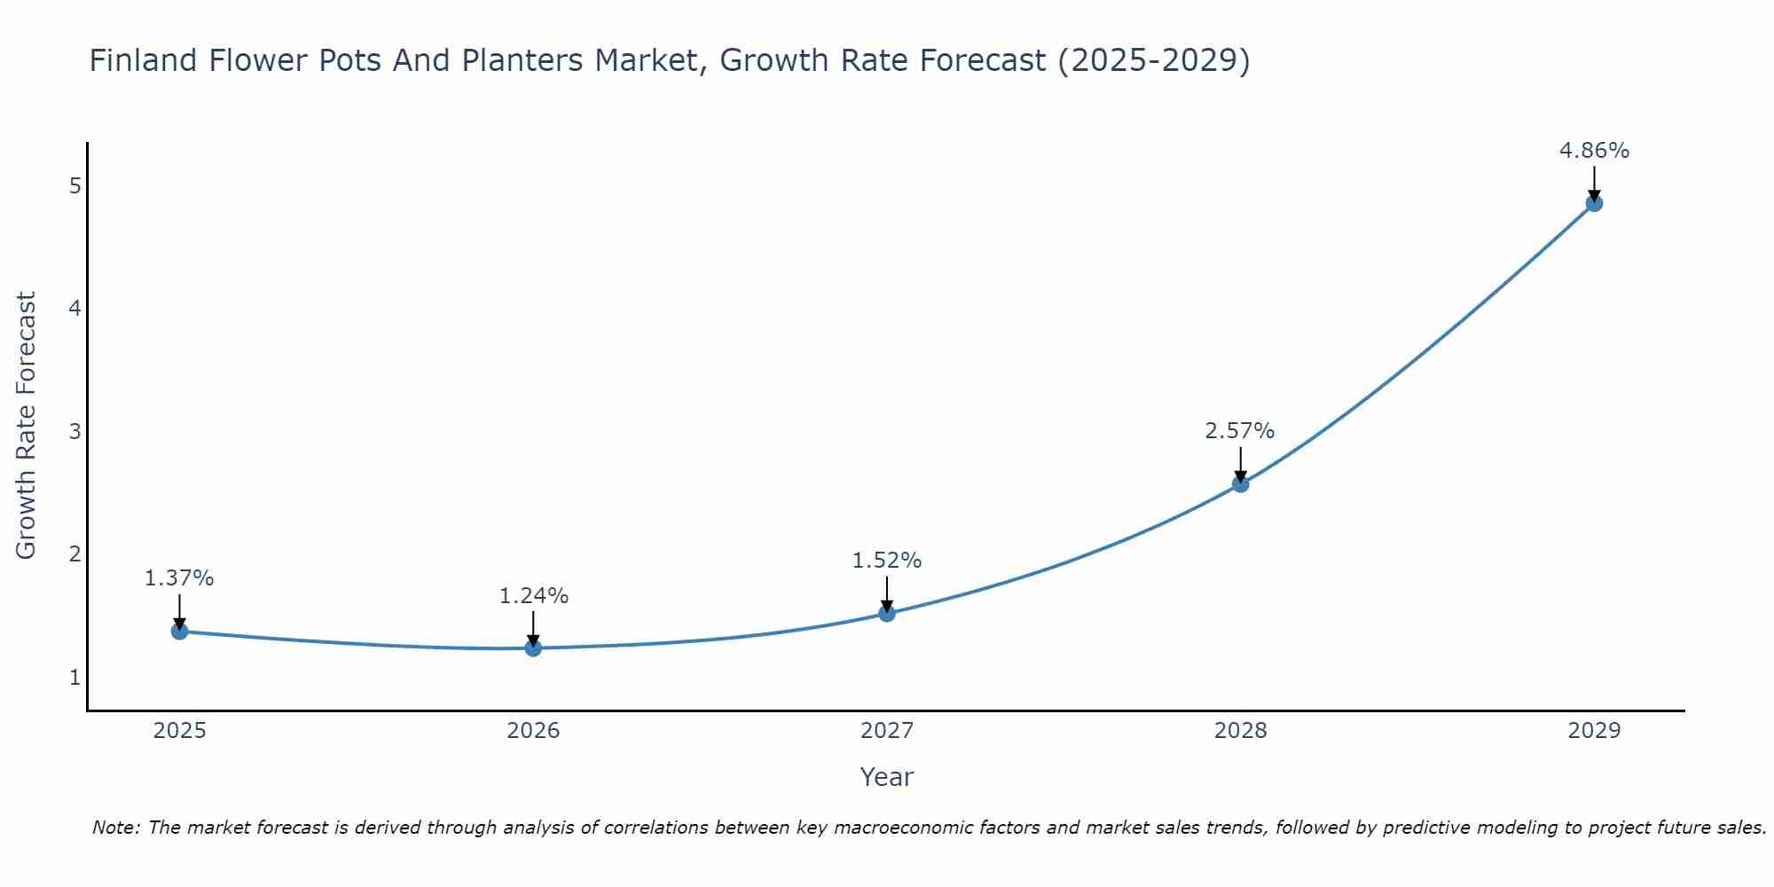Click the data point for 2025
coord(179,632)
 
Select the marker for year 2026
coord(533,648)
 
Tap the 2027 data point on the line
coord(887,613)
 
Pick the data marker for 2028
coord(1240,484)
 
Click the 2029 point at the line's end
coord(1594,203)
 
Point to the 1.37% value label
coord(179,578)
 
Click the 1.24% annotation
coord(533,596)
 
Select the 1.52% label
coord(887,561)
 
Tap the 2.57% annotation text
coord(1239,431)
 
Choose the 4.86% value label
coord(1594,151)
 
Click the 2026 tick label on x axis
coord(533,731)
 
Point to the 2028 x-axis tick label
coord(1240,731)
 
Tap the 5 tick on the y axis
coord(75,186)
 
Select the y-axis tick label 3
coord(75,432)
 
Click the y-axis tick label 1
coord(75,678)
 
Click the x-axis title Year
coord(886,777)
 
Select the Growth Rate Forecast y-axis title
coord(27,426)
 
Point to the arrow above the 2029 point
coord(1594,182)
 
